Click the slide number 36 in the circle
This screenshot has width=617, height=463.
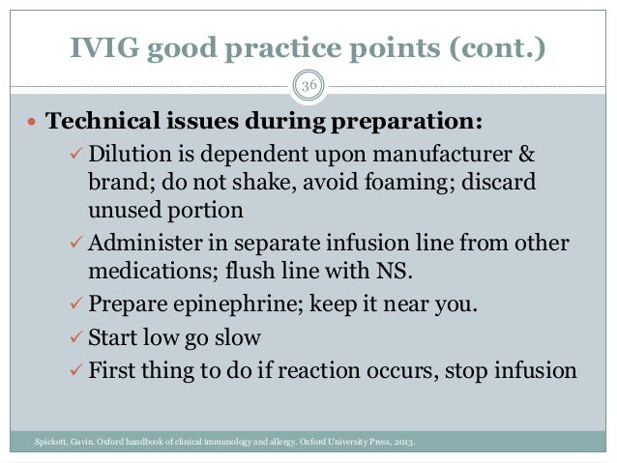[x=308, y=87]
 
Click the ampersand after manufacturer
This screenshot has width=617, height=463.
[x=524, y=157]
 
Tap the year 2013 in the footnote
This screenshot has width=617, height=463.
[x=404, y=444]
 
